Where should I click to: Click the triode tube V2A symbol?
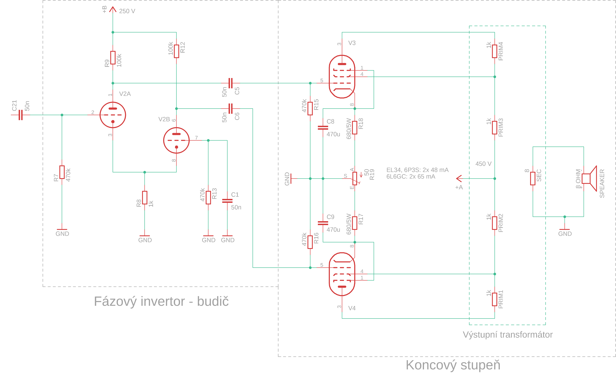(113, 115)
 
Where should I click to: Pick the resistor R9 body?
(113, 57)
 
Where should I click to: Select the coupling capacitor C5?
(230, 83)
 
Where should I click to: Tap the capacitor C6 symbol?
(230, 108)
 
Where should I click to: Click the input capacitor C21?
(20, 115)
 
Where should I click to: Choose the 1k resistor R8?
(145, 198)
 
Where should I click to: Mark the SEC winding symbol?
(533, 179)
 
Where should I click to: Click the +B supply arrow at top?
(113, 10)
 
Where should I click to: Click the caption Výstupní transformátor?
(508, 335)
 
